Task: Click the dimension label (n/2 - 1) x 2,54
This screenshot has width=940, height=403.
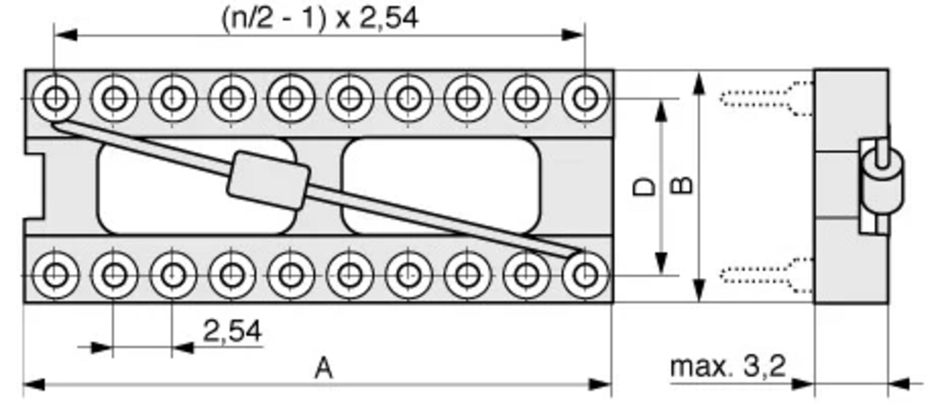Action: pyautogui.click(x=320, y=18)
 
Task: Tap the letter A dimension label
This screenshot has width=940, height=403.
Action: pyautogui.click(x=324, y=369)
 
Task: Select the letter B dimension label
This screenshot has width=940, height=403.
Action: pyautogui.click(x=681, y=186)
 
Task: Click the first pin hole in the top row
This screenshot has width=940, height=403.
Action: pyautogui.click(x=55, y=98)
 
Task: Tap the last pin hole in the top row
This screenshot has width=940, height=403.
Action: pyautogui.click(x=585, y=98)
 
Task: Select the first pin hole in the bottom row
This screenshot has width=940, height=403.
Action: pyautogui.click(x=55, y=275)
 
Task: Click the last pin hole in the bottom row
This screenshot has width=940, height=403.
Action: pyautogui.click(x=585, y=275)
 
